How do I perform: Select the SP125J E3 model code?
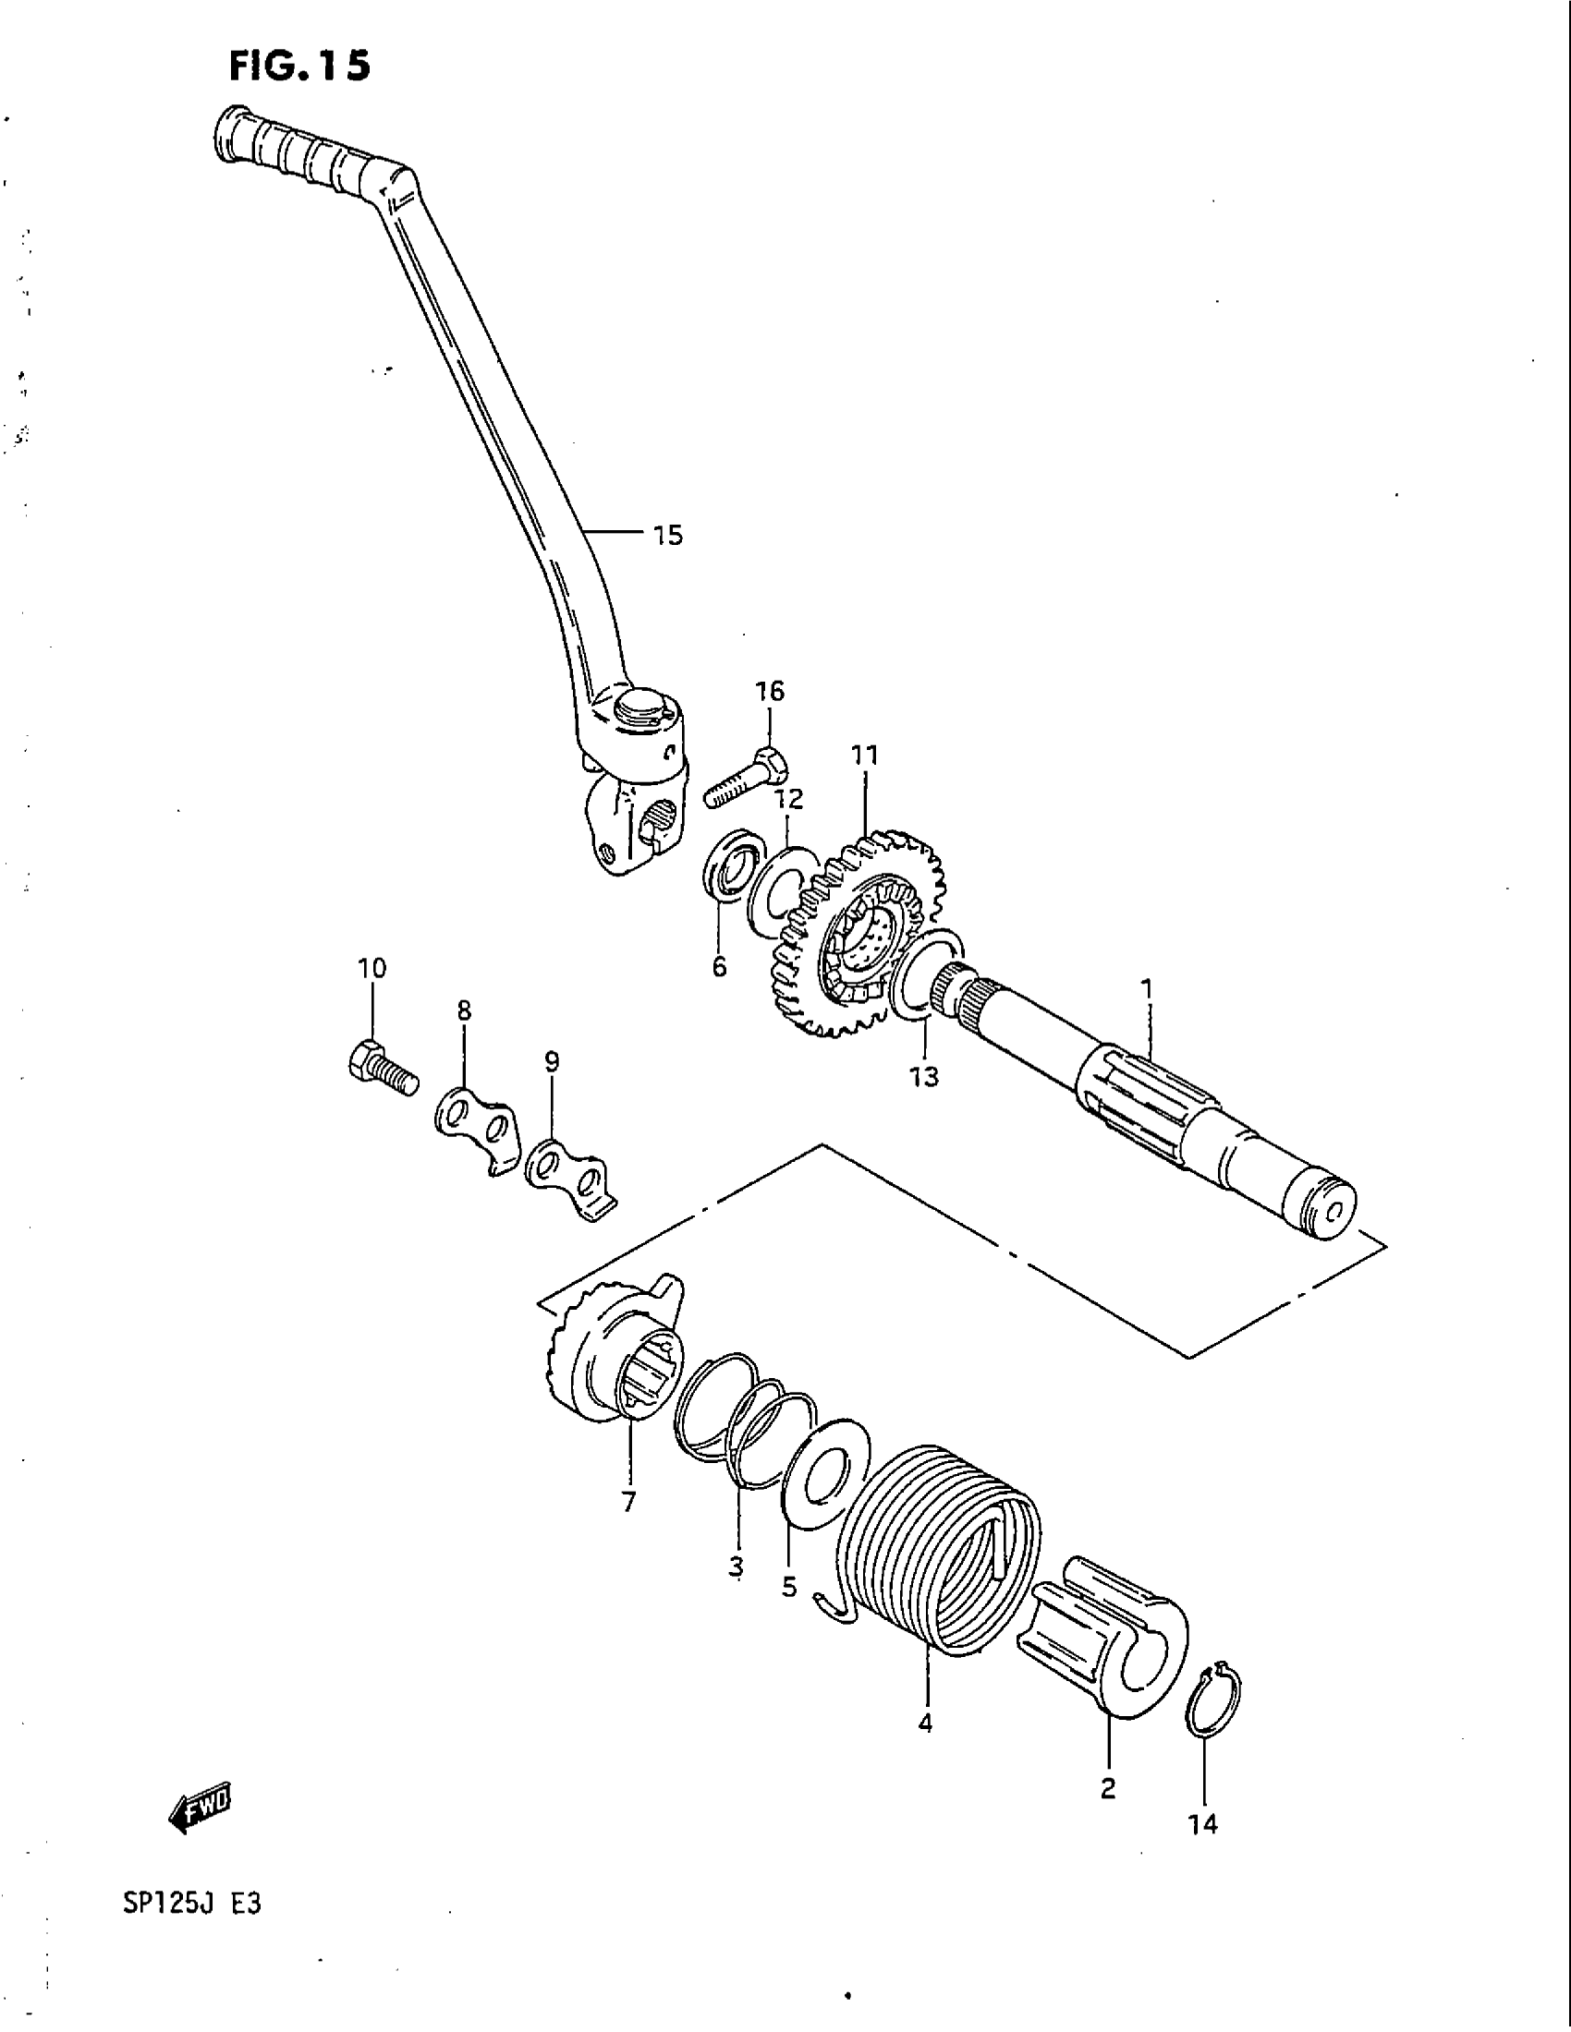[x=191, y=1904]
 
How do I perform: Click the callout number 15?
[x=667, y=536]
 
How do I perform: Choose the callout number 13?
[x=924, y=1077]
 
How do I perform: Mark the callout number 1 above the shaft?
[x=1147, y=987]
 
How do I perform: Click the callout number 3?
[x=737, y=1566]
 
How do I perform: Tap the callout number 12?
[x=789, y=799]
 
